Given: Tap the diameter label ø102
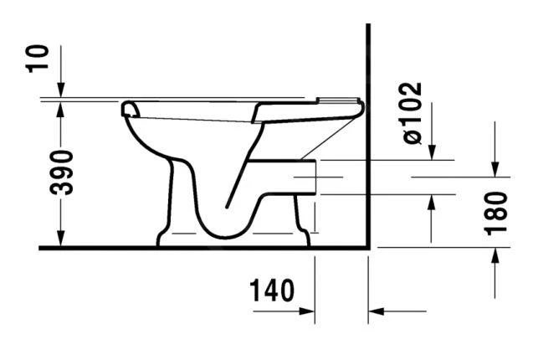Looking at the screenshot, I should [413, 112].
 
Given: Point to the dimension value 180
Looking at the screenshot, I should [496, 213].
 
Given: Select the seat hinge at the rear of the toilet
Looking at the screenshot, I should [351, 105].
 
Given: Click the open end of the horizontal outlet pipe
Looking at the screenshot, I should [315, 177].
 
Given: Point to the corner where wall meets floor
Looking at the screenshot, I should [369, 248].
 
